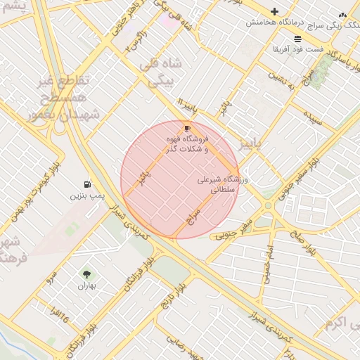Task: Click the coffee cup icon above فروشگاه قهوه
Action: pyautogui.click(x=187, y=128)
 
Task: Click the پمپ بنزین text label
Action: pyautogui.click(x=86, y=195)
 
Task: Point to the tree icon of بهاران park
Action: pyautogui.click(x=86, y=274)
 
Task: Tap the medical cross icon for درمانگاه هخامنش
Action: pyautogui.click(x=274, y=12)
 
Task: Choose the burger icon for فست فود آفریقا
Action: pyautogui.click(x=298, y=39)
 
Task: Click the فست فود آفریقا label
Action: pyautogui.click(x=298, y=51)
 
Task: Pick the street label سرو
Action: pyautogui.click(x=50, y=275)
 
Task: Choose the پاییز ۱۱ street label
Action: pyautogui.click(x=188, y=106)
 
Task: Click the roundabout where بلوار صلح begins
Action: pyautogui.click(x=268, y=205)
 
